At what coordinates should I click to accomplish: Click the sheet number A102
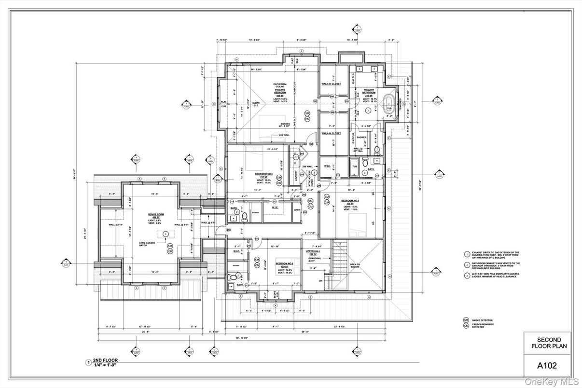pos(547,366)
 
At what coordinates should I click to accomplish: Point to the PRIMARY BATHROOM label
pos(369,92)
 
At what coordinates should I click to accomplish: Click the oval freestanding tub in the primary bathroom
pos(389,103)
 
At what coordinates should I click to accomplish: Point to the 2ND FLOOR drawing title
pos(105,360)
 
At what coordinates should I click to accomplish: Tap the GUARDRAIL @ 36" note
pos(315,259)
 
